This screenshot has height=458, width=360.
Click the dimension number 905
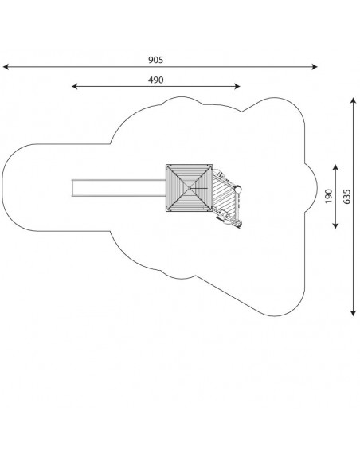(155, 60)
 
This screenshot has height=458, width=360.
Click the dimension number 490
(155, 80)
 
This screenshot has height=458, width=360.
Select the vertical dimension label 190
(329, 196)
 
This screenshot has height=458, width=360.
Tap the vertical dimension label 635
(346, 196)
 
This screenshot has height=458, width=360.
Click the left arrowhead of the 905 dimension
(6, 67)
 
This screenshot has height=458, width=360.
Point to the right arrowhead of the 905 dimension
(315, 67)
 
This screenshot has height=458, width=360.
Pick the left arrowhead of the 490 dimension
(75, 86)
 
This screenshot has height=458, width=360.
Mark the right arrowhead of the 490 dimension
(237, 86)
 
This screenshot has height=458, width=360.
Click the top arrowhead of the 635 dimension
(354, 101)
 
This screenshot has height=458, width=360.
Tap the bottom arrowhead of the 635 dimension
(354, 313)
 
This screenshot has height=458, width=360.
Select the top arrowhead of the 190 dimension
(335, 167)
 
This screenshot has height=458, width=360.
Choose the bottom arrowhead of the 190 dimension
(335, 225)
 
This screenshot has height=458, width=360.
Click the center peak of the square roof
(190, 188)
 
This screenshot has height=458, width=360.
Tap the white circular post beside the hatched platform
(238, 190)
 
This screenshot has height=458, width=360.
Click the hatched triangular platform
(224, 194)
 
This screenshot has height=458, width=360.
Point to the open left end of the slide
(72, 188)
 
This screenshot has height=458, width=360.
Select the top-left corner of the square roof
(166, 165)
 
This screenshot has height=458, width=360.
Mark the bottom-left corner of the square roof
(166, 210)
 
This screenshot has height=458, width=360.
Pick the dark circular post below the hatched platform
(239, 225)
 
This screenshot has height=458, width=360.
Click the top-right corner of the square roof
(213, 165)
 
